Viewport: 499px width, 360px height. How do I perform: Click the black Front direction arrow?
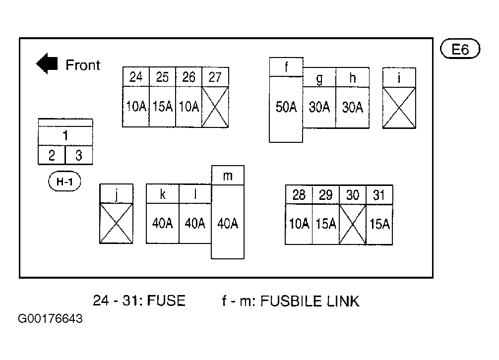click(47, 63)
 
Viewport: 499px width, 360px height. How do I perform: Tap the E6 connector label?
click(460, 49)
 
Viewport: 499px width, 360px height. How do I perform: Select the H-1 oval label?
click(64, 181)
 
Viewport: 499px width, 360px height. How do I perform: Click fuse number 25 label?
click(162, 77)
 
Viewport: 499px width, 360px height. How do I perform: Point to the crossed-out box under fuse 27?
click(215, 107)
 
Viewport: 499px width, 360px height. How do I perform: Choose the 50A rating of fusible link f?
click(286, 107)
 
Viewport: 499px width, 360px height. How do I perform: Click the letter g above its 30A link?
click(319, 78)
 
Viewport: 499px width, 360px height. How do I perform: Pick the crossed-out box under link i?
click(399, 108)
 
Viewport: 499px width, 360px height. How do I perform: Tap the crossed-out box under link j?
click(116, 223)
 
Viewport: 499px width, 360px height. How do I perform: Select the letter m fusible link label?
click(228, 176)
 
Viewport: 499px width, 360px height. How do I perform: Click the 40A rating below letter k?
click(162, 223)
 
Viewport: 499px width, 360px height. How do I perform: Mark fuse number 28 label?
click(299, 195)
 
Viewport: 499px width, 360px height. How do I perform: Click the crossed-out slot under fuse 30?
click(353, 225)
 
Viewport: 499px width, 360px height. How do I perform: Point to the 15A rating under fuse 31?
click(379, 224)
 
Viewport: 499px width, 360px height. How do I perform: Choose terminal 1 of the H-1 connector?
click(65, 136)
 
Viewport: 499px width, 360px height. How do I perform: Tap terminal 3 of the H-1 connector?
click(78, 155)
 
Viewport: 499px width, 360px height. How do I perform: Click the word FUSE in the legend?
click(167, 300)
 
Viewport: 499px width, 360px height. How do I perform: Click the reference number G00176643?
click(50, 318)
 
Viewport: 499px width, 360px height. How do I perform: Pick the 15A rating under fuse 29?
click(326, 224)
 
